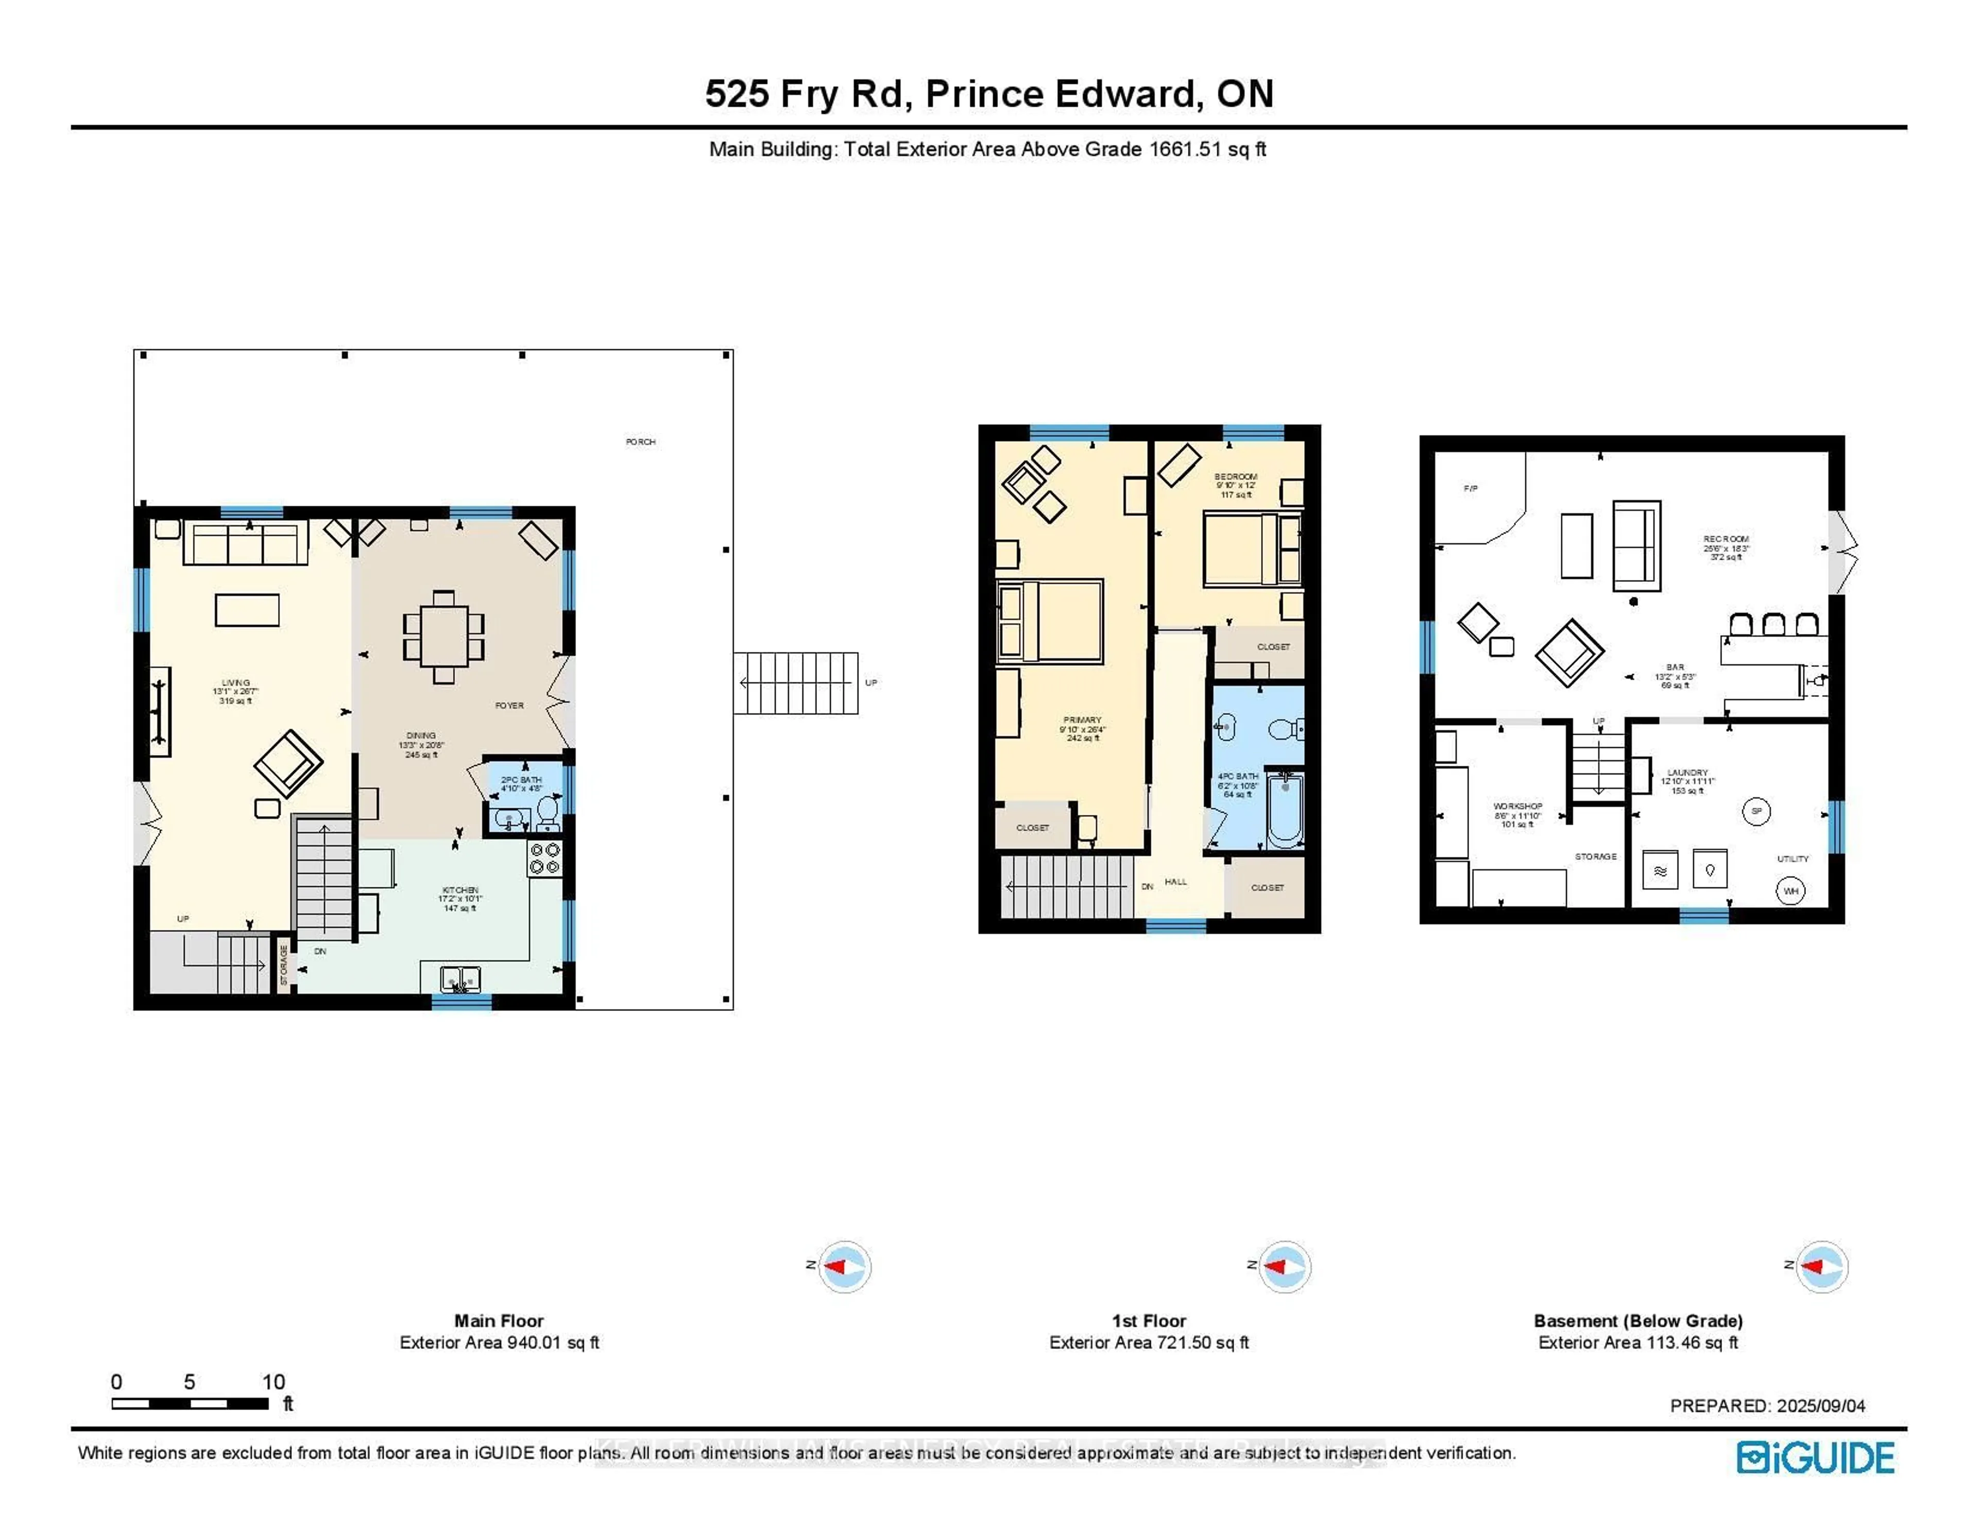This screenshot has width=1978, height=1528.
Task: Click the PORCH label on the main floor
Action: click(x=640, y=442)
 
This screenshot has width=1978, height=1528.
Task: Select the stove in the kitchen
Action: click(x=545, y=858)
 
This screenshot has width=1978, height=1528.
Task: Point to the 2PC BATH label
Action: click(x=522, y=780)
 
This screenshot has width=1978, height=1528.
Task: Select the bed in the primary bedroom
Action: click(x=1051, y=621)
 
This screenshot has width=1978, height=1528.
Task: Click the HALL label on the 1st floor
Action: click(x=1175, y=881)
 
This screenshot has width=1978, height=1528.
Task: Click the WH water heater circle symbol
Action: click(x=1791, y=891)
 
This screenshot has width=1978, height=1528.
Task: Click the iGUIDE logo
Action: click(x=1815, y=1457)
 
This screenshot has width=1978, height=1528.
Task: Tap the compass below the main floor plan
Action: click(x=844, y=1266)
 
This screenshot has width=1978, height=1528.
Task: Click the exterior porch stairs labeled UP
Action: click(x=795, y=683)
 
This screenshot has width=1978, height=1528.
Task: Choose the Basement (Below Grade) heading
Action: click(x=1638, y=1320)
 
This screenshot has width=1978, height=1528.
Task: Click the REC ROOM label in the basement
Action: click(x=1725, y=539)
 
